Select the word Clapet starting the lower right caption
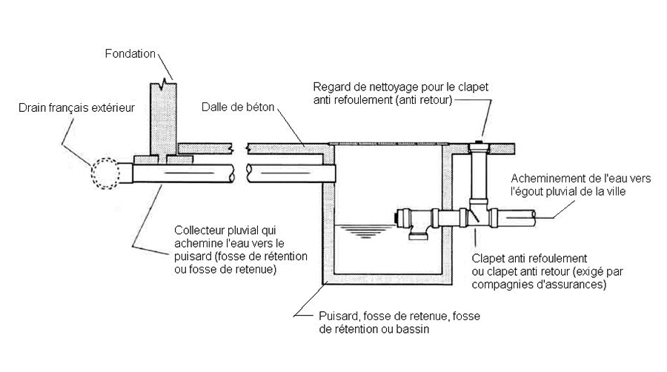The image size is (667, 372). click(x=486, y=258)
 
